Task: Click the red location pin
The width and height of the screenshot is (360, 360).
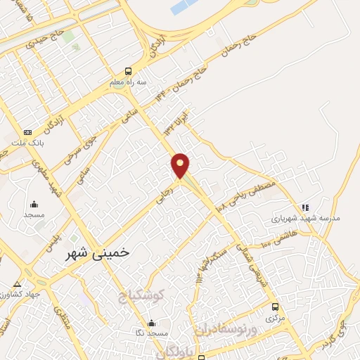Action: tap(181, 165)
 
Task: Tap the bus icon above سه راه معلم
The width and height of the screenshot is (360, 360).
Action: tap(128, 71)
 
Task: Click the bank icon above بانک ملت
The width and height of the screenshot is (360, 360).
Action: tap(27, 132)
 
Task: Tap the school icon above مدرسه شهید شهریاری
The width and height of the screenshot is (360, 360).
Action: tap(304, 207)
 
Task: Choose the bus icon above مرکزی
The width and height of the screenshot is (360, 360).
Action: tap(275, 307)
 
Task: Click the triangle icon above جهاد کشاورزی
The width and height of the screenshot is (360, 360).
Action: tap(17, 284)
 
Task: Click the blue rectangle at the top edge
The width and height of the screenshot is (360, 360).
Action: tap(185, 7)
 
